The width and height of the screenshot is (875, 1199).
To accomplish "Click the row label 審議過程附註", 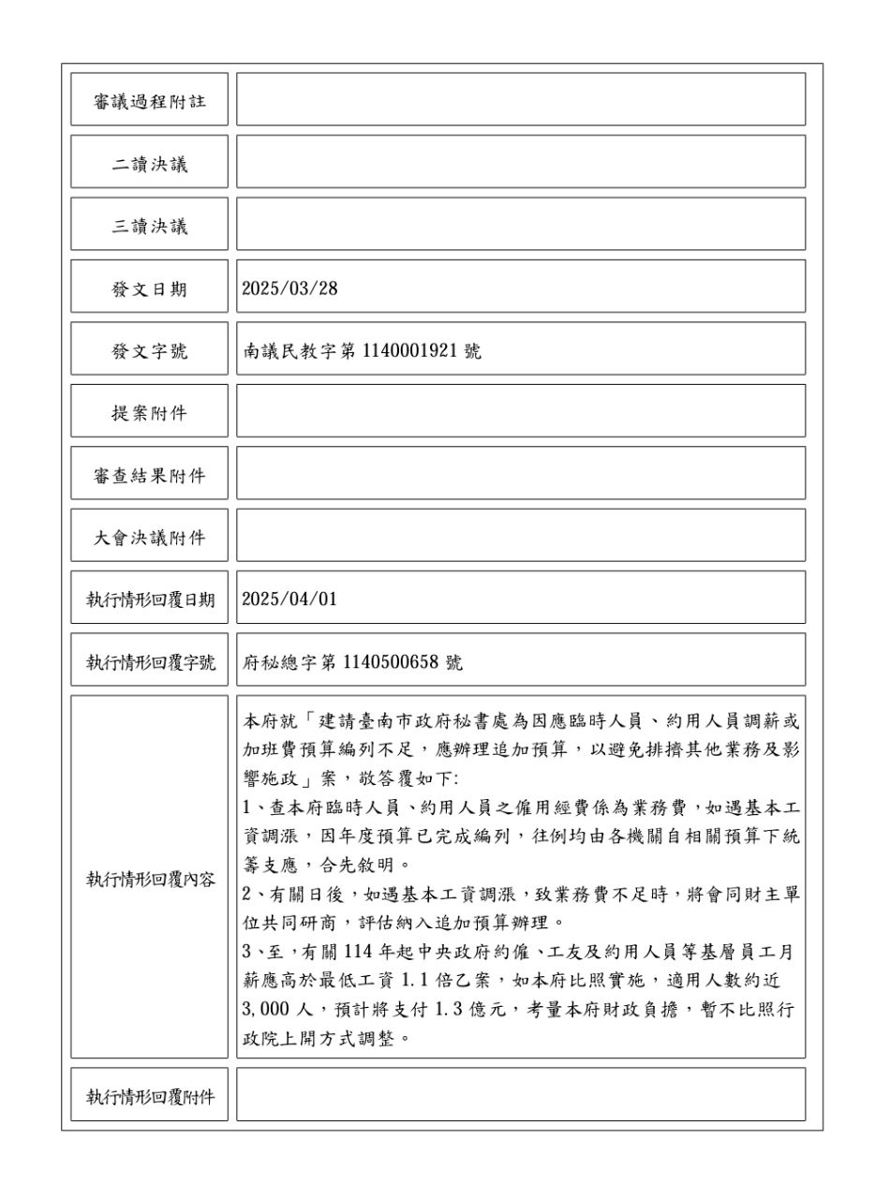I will click(x=149, y=101).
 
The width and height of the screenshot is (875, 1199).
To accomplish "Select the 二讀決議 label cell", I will click(x=149, y=164).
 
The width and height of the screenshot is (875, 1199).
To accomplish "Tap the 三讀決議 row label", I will click(x=149, y=226).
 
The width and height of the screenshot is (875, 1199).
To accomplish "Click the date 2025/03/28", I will click(x=289, y=289).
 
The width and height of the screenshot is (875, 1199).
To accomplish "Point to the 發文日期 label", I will click(x=149, y=289).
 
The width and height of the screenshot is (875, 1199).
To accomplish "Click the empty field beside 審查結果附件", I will click(x=520, y=473).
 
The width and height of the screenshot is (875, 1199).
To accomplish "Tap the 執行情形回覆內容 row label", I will click(x=149, y=879).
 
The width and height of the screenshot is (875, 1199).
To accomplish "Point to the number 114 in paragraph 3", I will click(x=360, y=952).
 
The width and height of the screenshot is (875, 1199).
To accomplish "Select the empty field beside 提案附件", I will click(x=520, y=410).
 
